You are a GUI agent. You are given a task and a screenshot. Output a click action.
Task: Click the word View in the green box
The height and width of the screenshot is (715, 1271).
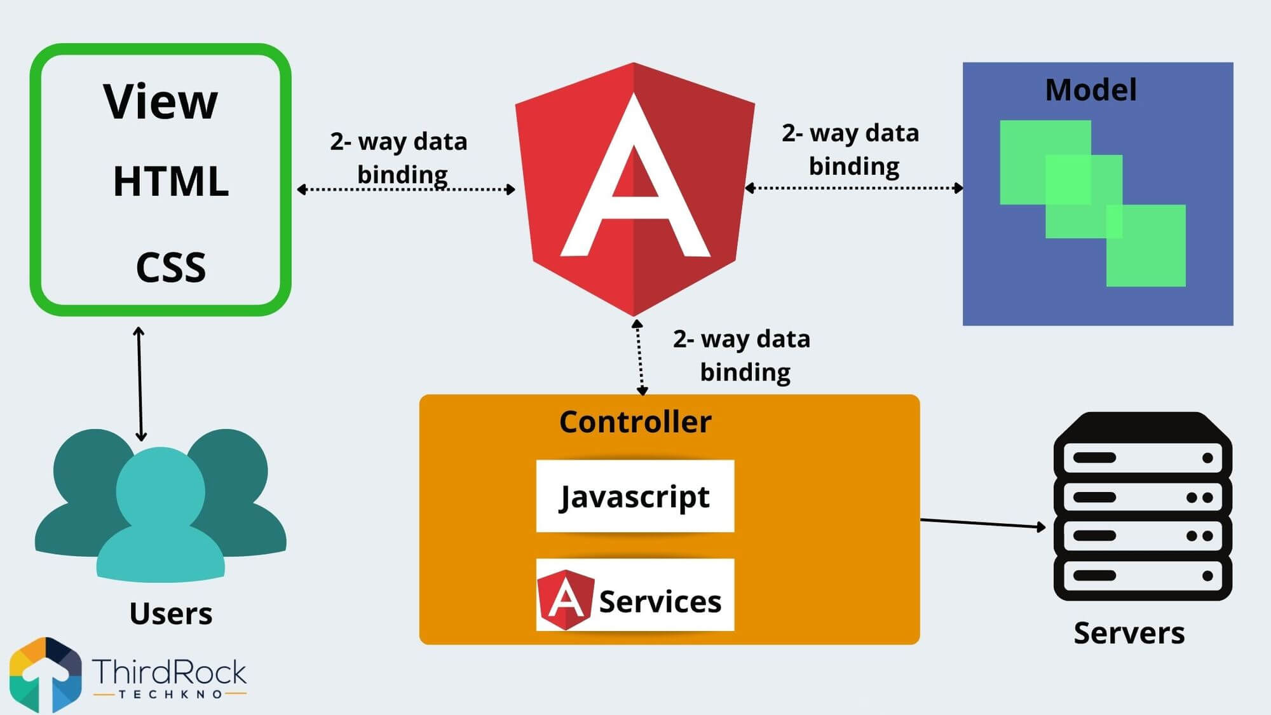click(x=160, y=102)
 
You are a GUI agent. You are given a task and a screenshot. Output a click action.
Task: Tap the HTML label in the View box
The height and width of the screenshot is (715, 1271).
click(x=170, y=182)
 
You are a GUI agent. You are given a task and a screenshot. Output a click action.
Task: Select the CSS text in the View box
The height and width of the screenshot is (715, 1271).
click(x=170, y=267)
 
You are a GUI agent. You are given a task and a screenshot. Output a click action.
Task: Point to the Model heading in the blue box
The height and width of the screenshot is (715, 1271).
click(x=1091, y=90)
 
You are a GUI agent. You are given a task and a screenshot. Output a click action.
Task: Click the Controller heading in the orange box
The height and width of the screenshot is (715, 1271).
click(x=635, y=422)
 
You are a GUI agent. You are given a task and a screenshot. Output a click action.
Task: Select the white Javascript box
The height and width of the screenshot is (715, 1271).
click(x=635, y=496)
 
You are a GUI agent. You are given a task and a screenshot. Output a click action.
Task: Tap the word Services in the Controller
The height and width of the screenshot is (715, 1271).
click(x=660, y=601)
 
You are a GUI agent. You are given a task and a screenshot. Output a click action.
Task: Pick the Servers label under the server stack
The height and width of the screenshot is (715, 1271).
click(x=1129, y=633)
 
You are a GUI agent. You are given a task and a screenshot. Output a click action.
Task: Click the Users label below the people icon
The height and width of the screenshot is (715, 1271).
click(x=170, y=613)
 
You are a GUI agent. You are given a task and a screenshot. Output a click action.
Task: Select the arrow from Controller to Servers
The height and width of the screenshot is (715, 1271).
click(x=982, y=523)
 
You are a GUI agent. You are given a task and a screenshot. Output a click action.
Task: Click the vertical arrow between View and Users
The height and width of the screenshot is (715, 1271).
click(x=140, y=384)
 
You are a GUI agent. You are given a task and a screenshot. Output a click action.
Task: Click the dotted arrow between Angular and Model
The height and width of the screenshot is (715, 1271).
click(x=853, y=187)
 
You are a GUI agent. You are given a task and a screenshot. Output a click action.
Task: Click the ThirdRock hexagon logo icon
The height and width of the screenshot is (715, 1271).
click(x=46, y=675)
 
